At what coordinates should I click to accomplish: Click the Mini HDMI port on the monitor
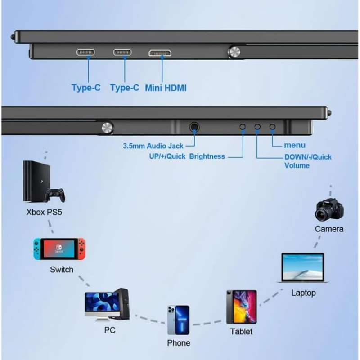point(160,53)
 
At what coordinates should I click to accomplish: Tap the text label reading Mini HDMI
point(166,88)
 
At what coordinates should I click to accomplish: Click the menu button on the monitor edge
point(272,127)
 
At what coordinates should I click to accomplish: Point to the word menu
point(295,145)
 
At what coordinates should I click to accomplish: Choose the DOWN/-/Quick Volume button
point(257,127)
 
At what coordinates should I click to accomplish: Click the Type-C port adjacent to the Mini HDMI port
point(122,53)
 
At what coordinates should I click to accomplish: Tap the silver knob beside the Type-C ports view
point(234,52)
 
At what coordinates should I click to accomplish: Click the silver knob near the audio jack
point(107,128)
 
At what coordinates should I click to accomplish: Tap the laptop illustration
point(302,268)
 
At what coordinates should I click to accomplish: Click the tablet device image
point(241,307)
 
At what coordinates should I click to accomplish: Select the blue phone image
point(179,320)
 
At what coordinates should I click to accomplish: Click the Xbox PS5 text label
point(44,212)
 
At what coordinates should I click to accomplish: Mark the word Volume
point(297,165)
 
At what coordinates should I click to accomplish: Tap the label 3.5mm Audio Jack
point(153,146)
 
